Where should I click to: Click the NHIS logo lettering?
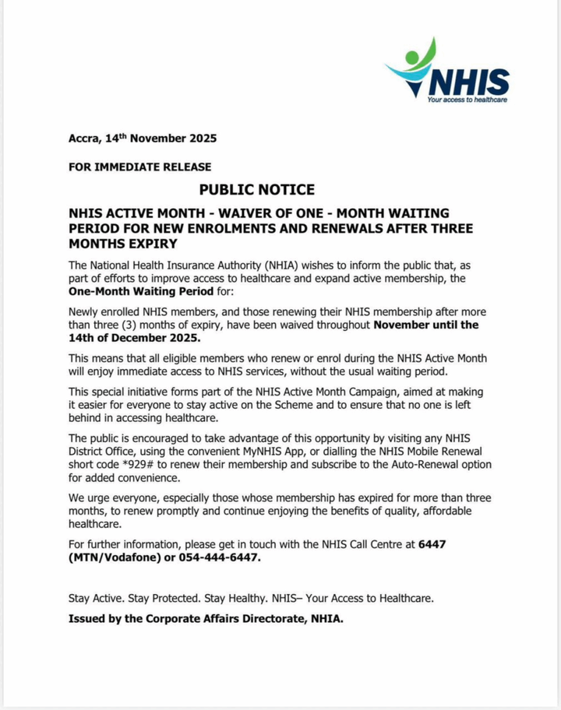click(470, 82)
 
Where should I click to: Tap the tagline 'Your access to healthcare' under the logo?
click(467, 100)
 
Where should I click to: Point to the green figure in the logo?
click(422, 56)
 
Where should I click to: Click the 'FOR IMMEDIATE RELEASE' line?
click(140, 167)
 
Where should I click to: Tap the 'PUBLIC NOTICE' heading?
click(257, 189)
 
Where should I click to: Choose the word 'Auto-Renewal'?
click(394, 465)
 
